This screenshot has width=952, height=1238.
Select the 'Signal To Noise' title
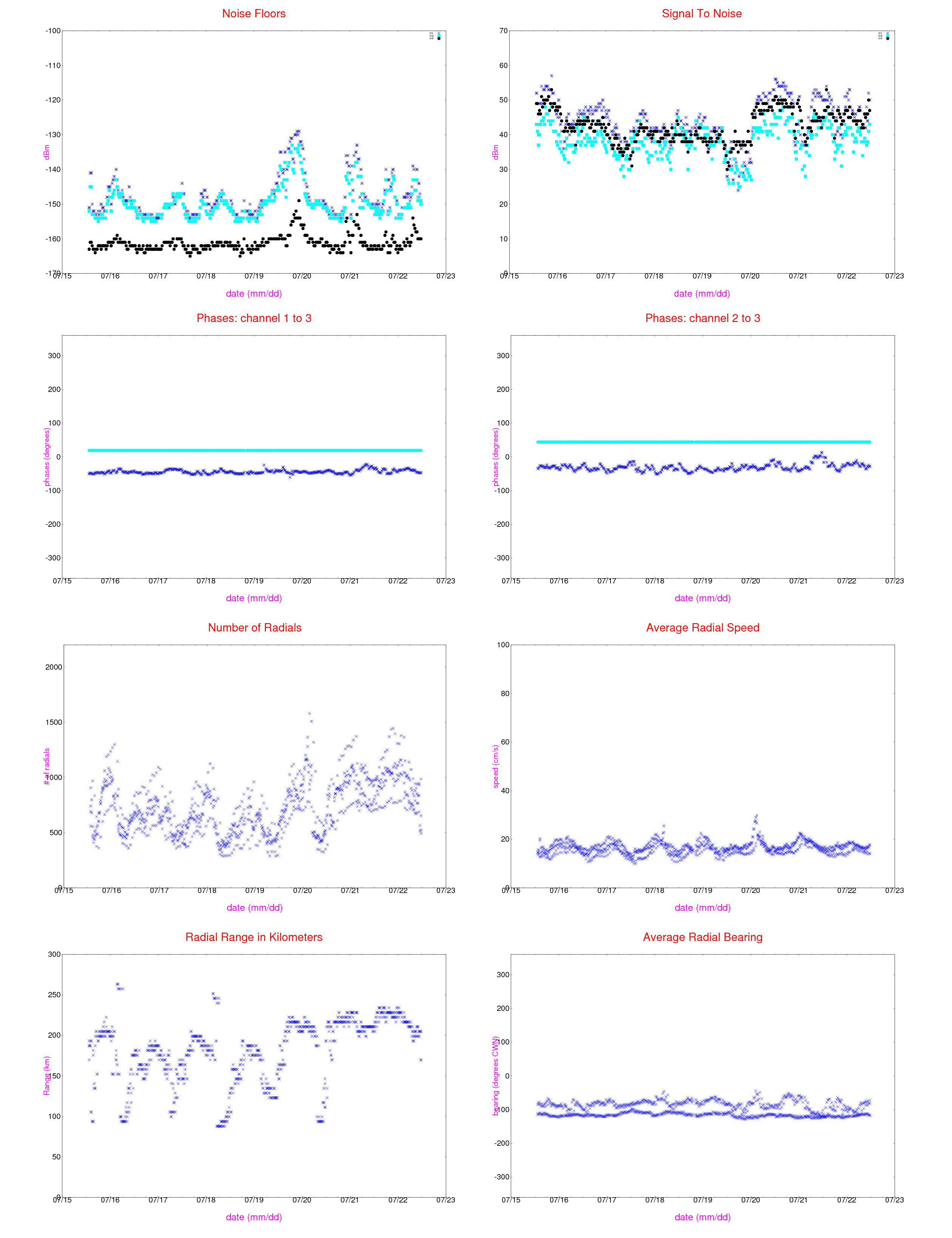[x=702, y=14]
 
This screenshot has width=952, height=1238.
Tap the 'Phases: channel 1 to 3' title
[x=254, y=318]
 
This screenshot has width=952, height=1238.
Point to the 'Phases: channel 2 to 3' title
[x=703, y=318]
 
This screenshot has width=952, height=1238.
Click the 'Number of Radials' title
[x=255, y=627]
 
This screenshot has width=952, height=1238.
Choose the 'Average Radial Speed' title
[x=703, y=627]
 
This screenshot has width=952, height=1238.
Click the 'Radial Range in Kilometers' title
[x=254, y=937]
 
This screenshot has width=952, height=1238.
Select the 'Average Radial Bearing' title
[x=703, y=937]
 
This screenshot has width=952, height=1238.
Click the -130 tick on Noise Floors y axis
[x=53, y=135]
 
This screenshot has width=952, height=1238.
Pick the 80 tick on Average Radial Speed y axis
[x=503, y=693]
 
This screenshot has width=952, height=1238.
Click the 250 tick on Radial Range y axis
[x=54, y=995]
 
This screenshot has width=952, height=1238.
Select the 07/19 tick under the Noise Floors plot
[x=254, y=276]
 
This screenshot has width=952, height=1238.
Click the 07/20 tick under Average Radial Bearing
[x=750, y=1200]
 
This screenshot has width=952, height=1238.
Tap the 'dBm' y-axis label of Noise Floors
[x=46, y=152]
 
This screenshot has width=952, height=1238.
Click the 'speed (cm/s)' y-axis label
[x=496, y=766]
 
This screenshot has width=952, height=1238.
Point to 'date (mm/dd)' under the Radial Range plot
[x=254, y=1217]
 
